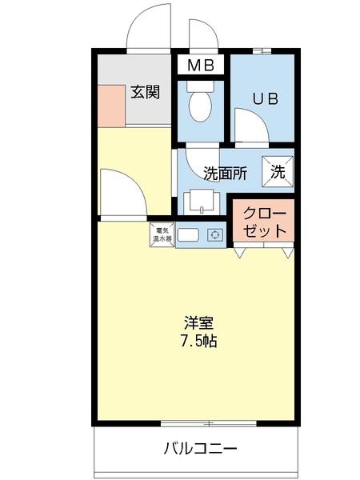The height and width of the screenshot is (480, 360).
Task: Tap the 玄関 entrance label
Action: tap(146, 92)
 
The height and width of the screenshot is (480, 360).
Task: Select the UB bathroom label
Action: tap(264, 99)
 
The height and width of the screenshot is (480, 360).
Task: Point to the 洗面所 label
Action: tap(225, 173)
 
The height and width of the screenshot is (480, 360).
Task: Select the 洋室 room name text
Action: tap(198, 323)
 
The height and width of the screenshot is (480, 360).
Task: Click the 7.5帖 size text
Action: tap(198, 341)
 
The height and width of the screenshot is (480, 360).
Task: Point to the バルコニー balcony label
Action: tap(202, 446)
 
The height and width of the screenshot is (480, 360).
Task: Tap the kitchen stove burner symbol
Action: tap(214, 235)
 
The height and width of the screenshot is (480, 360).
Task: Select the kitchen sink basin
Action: tap(189, 235)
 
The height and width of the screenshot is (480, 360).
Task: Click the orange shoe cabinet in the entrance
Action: tap(111, 105)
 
